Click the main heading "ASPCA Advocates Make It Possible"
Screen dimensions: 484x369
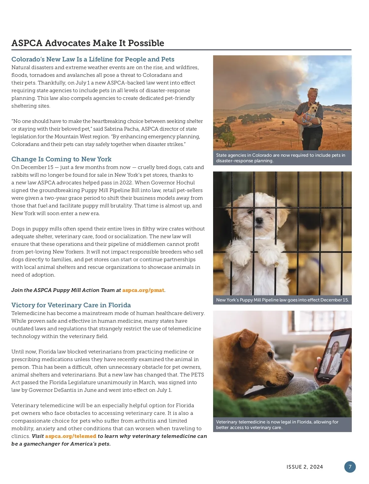(x=88, y=43)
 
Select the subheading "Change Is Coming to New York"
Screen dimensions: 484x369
(x=61, y=159)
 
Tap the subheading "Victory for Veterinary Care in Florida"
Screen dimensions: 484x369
(x=71, y=305)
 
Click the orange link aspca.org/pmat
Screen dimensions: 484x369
(x=143, y=290)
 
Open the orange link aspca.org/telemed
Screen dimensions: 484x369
(x=70, y=436)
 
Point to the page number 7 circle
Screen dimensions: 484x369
(x=350, y=467)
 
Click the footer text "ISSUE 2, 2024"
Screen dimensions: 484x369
(x=304, y=467)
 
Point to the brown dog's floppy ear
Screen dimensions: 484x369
(x=248, y=338)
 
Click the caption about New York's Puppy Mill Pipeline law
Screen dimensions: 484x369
(x=282, y=300)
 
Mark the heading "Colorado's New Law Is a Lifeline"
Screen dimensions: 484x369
(x=93, y=59)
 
